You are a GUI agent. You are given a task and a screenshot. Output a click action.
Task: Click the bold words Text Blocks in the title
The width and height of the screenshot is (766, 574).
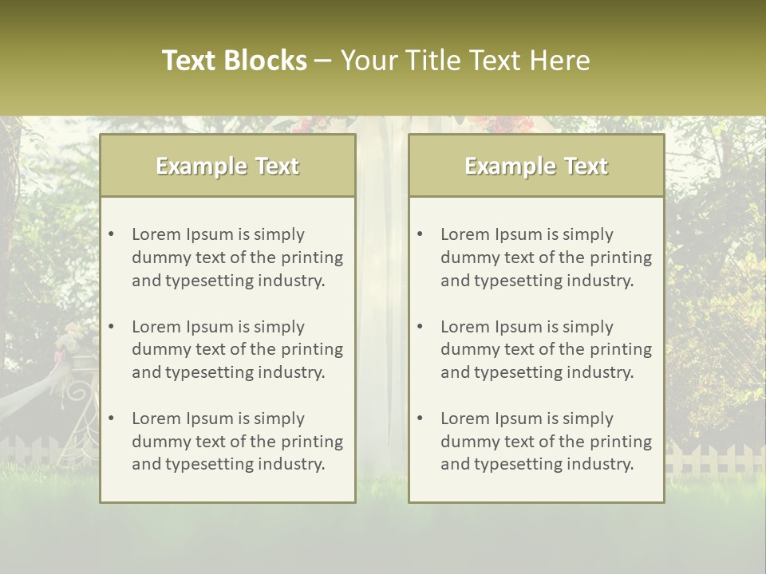coord(234,61)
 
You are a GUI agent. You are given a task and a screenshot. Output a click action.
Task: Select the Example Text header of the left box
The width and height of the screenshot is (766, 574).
coord(227,166)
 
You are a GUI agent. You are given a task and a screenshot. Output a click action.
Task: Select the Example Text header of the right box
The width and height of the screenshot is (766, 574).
coord(536,166)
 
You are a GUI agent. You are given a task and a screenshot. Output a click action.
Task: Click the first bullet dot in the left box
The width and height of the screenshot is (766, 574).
coord(111,234)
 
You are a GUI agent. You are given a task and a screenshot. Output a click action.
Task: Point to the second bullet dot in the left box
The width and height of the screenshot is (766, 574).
coord(111,327)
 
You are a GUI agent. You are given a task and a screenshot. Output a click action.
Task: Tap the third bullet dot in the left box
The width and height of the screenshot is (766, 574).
coord(111,419)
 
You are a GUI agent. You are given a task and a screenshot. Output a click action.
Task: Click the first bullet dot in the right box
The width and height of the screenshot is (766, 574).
coord(420,234)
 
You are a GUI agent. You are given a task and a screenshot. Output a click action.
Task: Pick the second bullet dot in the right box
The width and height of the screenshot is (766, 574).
coord(420,327)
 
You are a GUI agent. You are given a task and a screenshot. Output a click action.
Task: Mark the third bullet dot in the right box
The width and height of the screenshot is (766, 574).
coord(420,419)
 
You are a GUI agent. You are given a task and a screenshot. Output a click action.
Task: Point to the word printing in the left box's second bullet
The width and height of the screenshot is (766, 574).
coord(311,349)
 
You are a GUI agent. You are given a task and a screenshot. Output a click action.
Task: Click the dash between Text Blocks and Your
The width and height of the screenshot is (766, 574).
coord(323,61)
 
